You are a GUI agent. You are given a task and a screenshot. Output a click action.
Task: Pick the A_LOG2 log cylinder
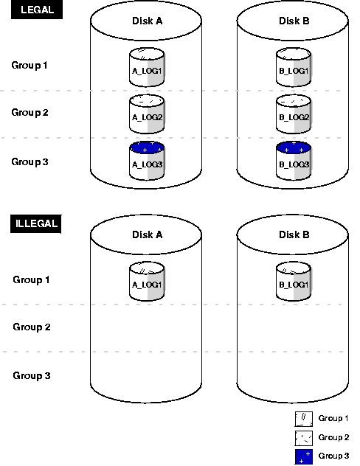point(146,113)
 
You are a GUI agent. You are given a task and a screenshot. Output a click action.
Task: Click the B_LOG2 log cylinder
point(294,113)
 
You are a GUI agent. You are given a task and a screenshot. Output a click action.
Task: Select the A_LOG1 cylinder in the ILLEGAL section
point(146,281)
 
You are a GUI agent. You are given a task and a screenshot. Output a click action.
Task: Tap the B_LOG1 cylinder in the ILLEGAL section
point(294,281)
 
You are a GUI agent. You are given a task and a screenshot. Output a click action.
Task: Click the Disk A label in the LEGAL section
point(147,21)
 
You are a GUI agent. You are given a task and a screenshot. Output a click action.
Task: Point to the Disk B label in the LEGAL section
point(294,21)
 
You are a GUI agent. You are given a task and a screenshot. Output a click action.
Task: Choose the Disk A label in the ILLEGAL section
point(147,235)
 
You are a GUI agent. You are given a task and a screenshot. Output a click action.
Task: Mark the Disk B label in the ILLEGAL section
point(294,235)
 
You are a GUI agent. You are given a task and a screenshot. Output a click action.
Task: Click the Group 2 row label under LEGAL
point(30,113)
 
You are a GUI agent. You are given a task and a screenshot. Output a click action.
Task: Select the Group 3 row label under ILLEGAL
point(32,375)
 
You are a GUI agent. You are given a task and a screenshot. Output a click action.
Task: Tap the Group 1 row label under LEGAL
point(30,66)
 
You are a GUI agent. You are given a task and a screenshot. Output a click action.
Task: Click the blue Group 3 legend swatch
point(304,457)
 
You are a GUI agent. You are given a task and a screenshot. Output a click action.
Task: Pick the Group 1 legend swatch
point(304,419)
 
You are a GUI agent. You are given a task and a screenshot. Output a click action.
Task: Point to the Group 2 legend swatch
point(304,438)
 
